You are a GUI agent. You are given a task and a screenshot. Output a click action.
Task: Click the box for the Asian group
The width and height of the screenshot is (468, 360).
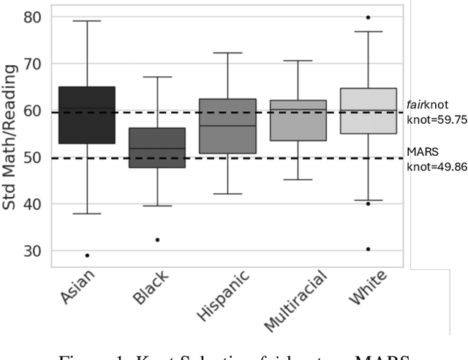pyautogui.click(x=87, y=115)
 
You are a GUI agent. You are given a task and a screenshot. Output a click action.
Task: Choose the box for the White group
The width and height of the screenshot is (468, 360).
pyautogui.click(x=368, y=110)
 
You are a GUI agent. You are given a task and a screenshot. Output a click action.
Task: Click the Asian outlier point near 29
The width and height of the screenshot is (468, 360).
pyautogui.click(x=87, y=255)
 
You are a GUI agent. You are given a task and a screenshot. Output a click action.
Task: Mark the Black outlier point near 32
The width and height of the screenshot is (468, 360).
pyautogui.click(x=157, y=239)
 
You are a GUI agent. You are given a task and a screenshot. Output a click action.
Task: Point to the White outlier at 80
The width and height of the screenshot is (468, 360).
pyautogui.click(x=368, y=17)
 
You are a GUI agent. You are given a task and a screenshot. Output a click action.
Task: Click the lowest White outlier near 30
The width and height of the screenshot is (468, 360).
pyautogui.click(x=368, y=249)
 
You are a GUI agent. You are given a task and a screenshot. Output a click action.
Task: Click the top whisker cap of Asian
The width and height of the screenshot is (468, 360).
pyautogui.click(x=87, y=21)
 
